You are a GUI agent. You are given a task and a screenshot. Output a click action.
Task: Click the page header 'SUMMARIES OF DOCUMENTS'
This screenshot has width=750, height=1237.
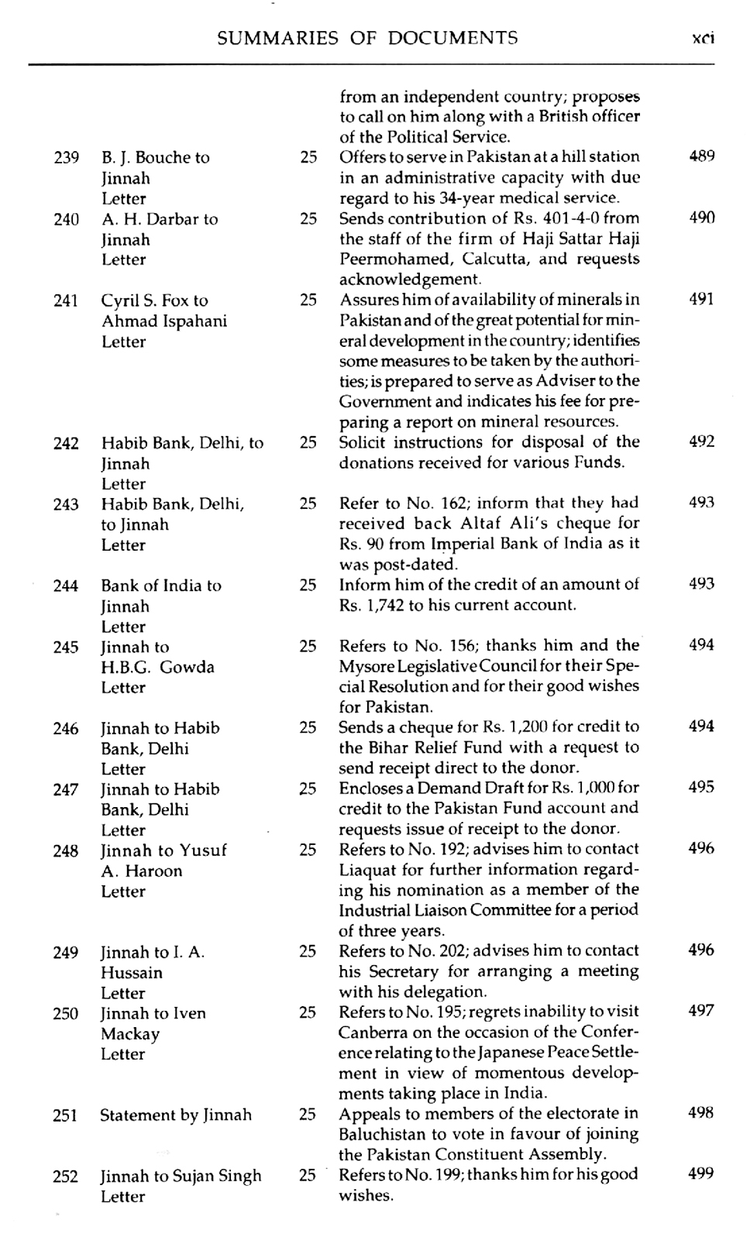pyautogui.click(x=367, y=38)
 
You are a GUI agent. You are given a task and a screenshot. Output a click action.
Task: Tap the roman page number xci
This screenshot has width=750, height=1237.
pyautogui.click(x=703, y=39)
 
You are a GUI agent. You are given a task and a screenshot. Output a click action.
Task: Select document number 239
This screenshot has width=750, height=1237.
pyautogui.click(x=67, y=158)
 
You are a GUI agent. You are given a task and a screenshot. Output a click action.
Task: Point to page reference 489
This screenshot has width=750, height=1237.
pyautogui.click(x=701, y=156)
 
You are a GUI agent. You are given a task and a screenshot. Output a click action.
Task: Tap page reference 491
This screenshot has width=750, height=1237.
pyautogui.click(x=701, y=300)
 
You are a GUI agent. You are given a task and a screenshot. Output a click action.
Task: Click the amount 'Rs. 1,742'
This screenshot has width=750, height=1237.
pyautogui.click(x=371, y=605)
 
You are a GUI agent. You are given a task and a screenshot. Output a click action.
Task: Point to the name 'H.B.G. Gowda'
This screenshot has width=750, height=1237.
pyautogui.click(x=157, y=667)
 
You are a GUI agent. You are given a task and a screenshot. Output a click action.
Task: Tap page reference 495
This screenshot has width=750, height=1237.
pyautogui.click(x=701, y=788)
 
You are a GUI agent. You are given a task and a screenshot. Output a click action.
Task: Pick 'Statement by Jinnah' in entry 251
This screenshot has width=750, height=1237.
pyautogui.click(x=176, y=1115)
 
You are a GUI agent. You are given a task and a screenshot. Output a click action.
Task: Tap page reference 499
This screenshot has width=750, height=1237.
pyautogui.click(x=701, y=1174)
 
